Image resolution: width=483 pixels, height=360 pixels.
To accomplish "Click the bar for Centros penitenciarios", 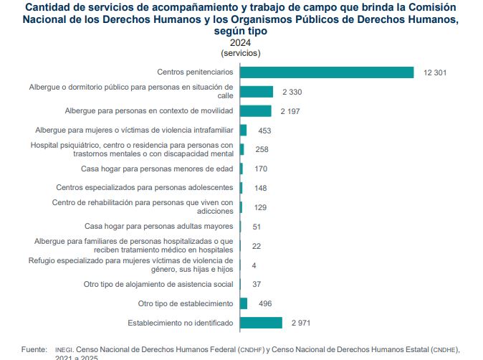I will (327, 72).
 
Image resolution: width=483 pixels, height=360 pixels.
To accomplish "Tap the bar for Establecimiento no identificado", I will (261, 323).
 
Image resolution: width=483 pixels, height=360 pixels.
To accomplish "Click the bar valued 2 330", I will (257, 92).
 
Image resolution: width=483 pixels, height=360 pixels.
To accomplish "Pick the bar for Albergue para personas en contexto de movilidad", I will (256, 111).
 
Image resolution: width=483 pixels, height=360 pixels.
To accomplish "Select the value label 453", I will (264, 131).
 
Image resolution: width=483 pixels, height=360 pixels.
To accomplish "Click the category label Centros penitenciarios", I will (195, 72).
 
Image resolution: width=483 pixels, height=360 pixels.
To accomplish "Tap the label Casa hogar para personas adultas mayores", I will (159, 226).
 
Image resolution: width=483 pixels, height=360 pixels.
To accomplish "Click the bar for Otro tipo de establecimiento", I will (244, 303).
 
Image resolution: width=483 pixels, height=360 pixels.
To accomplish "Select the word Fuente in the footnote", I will (34, 349).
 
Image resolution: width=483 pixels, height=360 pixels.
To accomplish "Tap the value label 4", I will (254, 265).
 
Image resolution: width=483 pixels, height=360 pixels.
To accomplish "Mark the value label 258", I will (261, 149).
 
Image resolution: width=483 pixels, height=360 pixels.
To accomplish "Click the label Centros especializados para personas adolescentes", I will (144, 188).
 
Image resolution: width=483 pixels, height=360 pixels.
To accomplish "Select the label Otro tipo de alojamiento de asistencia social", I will (158, 284).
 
